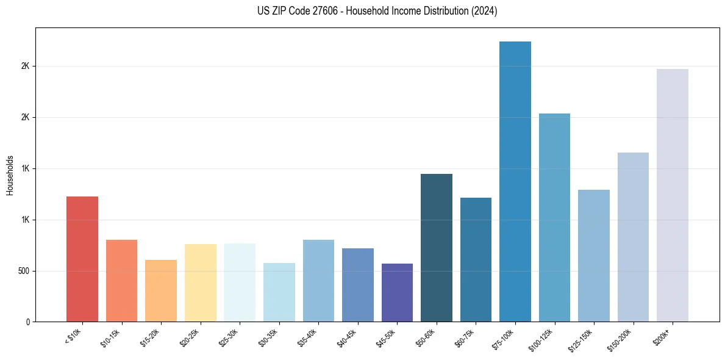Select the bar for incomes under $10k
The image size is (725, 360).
coord(82,259)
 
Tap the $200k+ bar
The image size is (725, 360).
coord(673,195)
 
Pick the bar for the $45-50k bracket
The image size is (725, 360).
coord(397,292)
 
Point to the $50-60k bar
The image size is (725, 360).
coord(437,248)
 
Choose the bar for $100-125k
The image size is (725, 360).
coord(554,217)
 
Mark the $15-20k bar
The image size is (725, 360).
coord(161,290)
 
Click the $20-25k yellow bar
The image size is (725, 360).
coord(201,283)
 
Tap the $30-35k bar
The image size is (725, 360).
coord(279,292)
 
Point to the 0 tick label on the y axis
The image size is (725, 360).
coord(29,322)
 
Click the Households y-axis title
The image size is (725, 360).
coord(10,175)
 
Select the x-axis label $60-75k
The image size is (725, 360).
coord(466,337)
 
